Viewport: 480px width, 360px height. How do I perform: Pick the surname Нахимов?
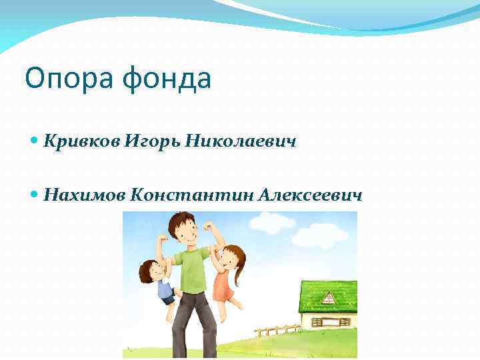[85, 195]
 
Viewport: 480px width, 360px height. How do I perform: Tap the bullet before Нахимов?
[35, 195]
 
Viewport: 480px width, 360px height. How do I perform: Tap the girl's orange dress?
[223, 283]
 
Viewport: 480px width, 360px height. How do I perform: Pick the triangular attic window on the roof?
[328, 298]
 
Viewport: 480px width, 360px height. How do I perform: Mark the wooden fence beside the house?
[277, 329]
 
